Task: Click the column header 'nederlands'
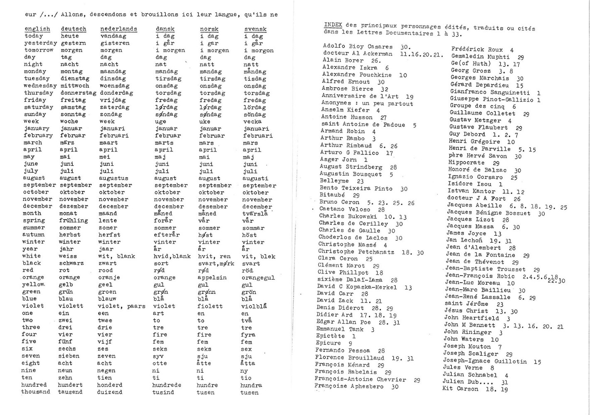[119, 29]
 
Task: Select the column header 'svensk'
[255, 29]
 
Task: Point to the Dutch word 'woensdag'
[115, 86]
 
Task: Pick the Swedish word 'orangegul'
[258, 278]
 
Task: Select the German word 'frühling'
[74, 220]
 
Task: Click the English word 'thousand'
[35, 392]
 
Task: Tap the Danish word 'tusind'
[163, 392]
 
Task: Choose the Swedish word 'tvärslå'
[255, 214]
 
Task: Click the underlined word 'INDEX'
[333, 24]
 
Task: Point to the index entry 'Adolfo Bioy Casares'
[358, 46]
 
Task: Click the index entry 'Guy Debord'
[467, 134]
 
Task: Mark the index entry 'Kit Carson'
[460, 389]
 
